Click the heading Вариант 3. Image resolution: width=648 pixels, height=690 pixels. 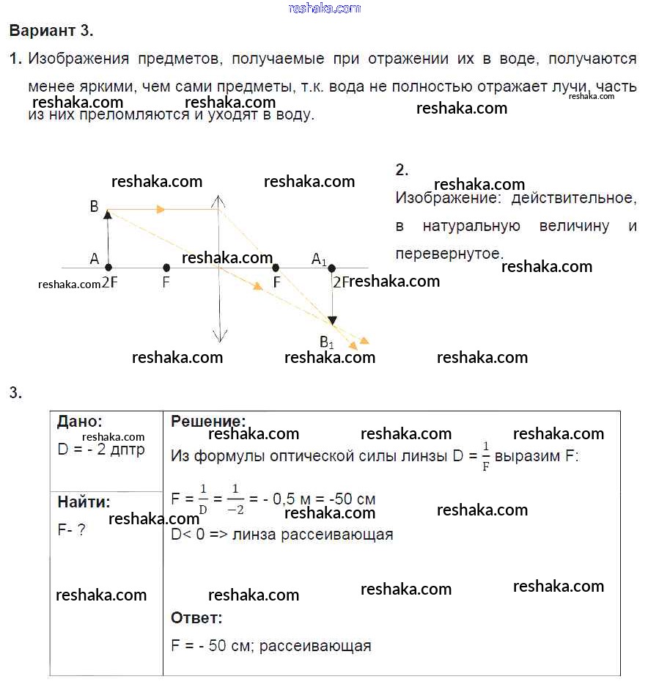pyautogui.click(x=51, y=31)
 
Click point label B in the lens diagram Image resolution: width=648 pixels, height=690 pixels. pyautogui.click(x=94, y=207)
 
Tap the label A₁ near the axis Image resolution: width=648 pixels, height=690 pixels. pyautogui.click(x=319, y=259)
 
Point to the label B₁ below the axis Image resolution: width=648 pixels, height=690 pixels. pyautogui.click(x=326, y=342)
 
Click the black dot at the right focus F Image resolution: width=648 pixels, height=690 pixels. pyautogui.click(x=276, y=268)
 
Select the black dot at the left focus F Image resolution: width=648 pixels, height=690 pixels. pyautogui.click(x=166, y=268)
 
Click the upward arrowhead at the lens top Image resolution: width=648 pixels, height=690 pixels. pyautogui.click(x=218, y=200)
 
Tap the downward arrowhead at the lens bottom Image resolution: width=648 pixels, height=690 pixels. pyautogui.click(x=218, y=337)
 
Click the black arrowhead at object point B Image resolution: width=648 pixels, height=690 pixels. pyautogui.click(x=108, y=214)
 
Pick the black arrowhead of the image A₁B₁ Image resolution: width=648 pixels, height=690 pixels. pyautogui.click(x=332, y=320)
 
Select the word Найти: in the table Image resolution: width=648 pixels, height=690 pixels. pyautogui.click(x=84, y=502)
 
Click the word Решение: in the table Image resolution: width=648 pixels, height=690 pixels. pyautogui.click(x=208, y=421)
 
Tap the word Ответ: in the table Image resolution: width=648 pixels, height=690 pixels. pyautogui.click(x=196, y=618)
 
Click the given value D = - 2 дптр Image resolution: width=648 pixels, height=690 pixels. pyautogui.click(x=101, y=449)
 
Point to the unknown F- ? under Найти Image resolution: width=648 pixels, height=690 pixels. pyautogui.click(x=71, y=529)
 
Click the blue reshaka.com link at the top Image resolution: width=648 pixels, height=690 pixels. pyautogui.click(x=325, y=8)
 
